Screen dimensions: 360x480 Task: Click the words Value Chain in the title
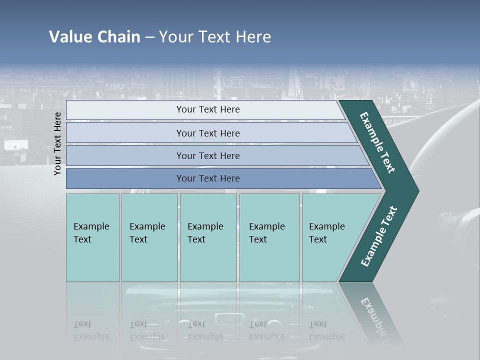[x=94, y=37]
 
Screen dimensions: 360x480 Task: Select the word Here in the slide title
[x=253, y=37]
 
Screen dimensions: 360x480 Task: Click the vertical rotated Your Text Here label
[x=57, y=143]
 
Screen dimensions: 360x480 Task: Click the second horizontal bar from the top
[x=207, y=133]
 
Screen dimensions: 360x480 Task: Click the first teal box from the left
[x=92, y=237]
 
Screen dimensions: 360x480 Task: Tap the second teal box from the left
[x=149, y=237]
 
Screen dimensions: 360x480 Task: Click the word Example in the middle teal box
[x=205, y=226]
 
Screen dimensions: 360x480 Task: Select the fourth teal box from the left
[x=269, y=237]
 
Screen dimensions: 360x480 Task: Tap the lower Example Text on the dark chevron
[x=378, y=236]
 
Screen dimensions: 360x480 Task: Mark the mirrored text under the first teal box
[x=91, y=330]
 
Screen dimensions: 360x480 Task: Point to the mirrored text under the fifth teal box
[x=326, y=330]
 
